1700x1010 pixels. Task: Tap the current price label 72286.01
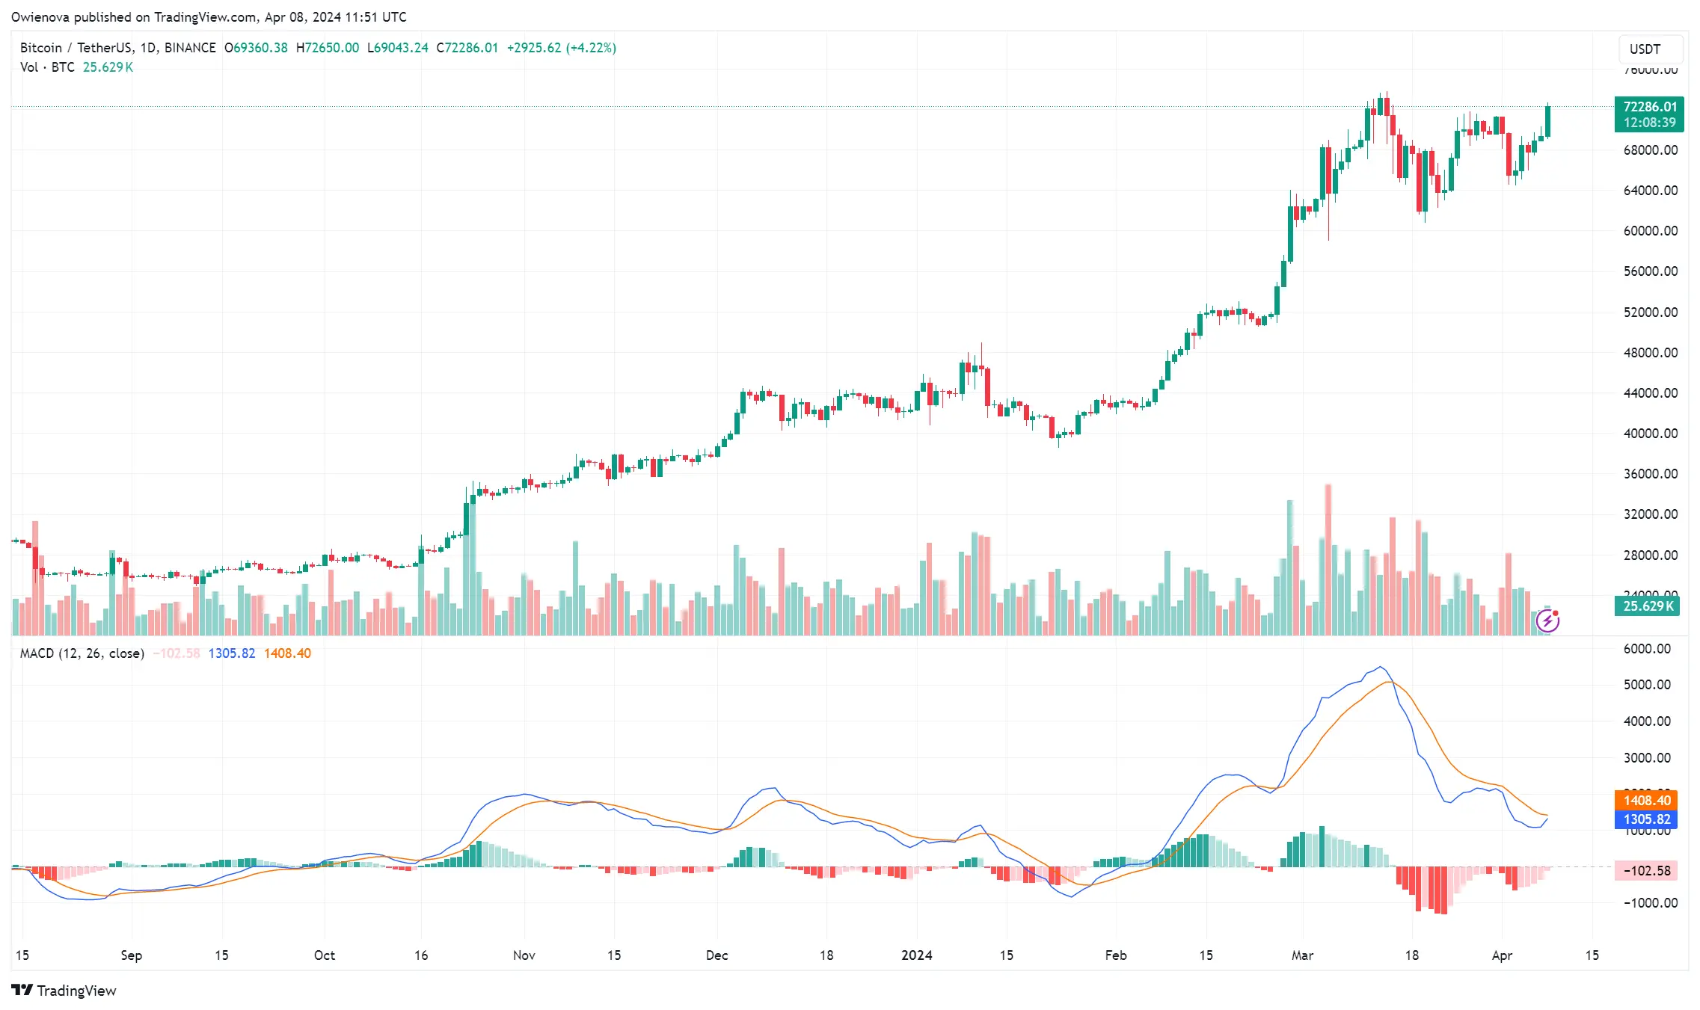coord(1649,107)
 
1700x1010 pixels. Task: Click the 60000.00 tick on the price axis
coord(1650,231)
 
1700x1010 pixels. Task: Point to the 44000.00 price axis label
coord(1650,393)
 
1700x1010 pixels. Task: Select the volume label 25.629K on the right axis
coord(1648,606)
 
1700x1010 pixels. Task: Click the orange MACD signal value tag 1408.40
coord(1646,801)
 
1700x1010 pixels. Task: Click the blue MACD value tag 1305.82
coord(1646,819)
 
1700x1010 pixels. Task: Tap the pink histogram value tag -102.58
coord(1646,871)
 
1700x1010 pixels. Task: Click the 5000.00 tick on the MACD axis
coord(1646,685)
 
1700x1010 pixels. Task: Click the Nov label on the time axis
coord(524,955)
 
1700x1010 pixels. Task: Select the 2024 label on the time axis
coord(916,955)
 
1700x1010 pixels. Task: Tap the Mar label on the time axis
coord(1302,955)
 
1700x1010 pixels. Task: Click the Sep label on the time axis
coord(131,955)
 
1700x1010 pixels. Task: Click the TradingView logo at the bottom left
coord(64,991)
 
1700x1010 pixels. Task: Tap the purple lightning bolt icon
coord(1547,621)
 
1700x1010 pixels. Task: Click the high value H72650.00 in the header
coord(327,48)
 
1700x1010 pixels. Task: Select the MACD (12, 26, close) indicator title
coord(82,653)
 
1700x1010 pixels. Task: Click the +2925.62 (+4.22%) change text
coord(561,48)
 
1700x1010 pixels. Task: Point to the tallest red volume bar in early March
coord(1328,561)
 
